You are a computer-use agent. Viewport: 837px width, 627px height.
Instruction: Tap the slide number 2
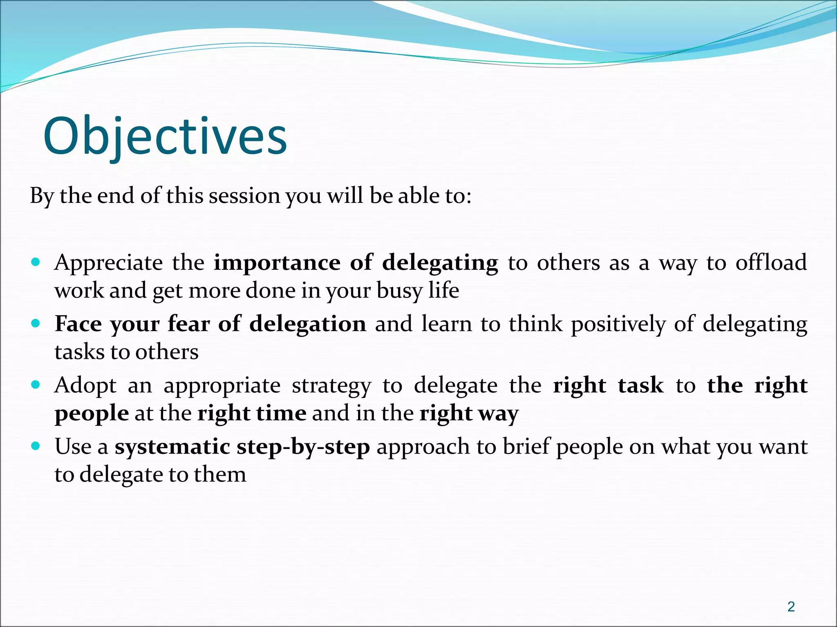click(x=791, y=607)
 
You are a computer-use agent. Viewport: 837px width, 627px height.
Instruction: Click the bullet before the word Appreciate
click(x=36, y=262)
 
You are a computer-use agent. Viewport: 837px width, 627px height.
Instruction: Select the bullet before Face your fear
click(x=36, y=324)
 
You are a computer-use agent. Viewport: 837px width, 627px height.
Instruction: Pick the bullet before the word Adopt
click(x=36, y=385)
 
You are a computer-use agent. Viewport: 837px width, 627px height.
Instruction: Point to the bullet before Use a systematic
click(x=36, y=446)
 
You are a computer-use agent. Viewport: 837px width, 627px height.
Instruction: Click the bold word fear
click(x=188, y=324)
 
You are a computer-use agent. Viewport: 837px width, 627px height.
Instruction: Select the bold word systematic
click(x=172, y=447)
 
